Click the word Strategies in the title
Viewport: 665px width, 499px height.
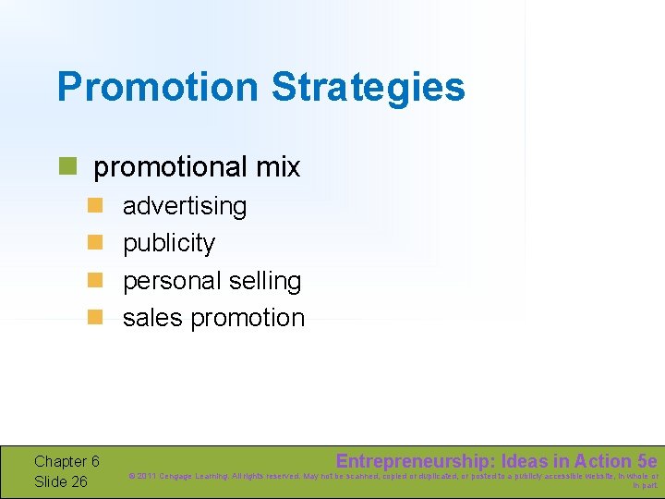tap(368, 87)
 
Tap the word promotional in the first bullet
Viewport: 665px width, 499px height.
tap(158, 167)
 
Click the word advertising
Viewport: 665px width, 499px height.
tap(185, 205)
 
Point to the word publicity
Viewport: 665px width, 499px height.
tap(169, 243)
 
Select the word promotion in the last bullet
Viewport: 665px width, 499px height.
tap(248, 318)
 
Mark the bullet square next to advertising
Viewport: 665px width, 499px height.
tap(93, 205)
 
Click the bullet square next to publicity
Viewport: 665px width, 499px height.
tap(93, 242)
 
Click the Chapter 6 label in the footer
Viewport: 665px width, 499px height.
tap(66, 461)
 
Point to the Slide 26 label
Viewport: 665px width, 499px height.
tap(60, 481)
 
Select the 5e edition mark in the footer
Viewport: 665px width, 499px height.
tap(647, 461)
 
